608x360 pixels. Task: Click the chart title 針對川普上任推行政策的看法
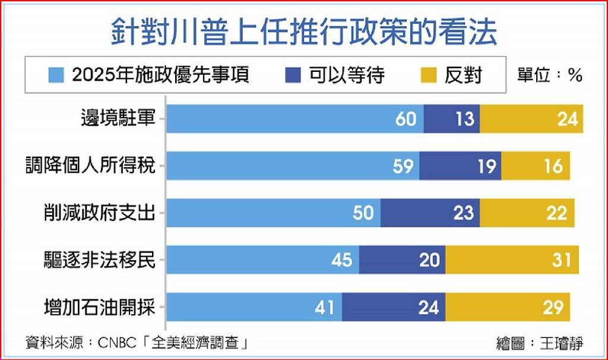tap(304, 32)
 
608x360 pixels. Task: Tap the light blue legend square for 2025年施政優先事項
tap(56, 75)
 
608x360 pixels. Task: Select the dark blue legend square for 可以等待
tap(293, 75)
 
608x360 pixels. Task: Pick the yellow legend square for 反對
tap(429, 75)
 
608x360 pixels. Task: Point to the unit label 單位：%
tap(550, 75)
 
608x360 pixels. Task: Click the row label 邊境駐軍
tap(118, 118)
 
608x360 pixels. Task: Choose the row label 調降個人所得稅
tap(90, 165)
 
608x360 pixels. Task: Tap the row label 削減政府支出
tap(100, 213)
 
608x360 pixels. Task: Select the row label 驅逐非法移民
tap(100, 260)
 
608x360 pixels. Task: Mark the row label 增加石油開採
tap(100, 307)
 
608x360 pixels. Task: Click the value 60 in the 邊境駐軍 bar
tap(406, 119)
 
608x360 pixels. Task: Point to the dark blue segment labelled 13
tap(452, 119)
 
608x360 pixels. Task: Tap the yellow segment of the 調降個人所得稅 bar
tap(536, 166)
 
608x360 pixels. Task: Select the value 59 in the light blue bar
tap(403, 166)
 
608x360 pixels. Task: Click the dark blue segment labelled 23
tap(430, 213)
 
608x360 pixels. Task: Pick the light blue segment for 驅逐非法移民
tap(263, 260)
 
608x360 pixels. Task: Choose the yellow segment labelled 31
tap(512, 260)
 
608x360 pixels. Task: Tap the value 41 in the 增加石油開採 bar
tap(324, 308)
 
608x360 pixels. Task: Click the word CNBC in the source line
tap(117, 343)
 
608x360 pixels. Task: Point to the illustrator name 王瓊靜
tap(562, 343)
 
